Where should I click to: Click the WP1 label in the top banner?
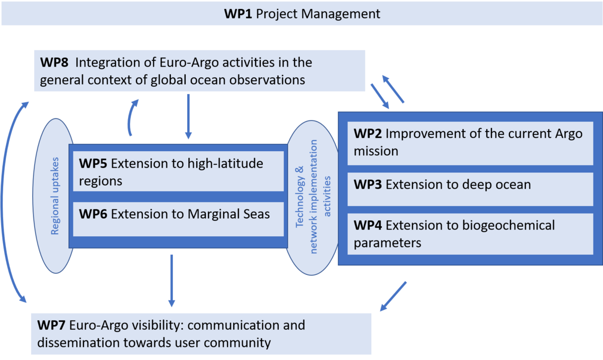tap(238, 14)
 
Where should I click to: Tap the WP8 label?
tap(54, 62)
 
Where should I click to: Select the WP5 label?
tap(93, 163)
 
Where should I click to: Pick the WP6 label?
tap(93, 214)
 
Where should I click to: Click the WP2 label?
tap(368, 133)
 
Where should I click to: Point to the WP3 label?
tap(368, 184)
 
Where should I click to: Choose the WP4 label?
tap(368, 225)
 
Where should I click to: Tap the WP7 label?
tap(51, 325)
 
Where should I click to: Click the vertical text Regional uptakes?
tap(55, 196)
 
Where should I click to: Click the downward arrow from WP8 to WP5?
tap(188, 116)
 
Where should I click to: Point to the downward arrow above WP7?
tap(172, 281)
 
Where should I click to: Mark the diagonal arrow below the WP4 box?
tap(393, 296)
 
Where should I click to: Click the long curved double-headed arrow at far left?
tap(3, 202)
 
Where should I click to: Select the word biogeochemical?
tap(508, 226)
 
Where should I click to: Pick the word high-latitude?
tap(225, 164)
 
